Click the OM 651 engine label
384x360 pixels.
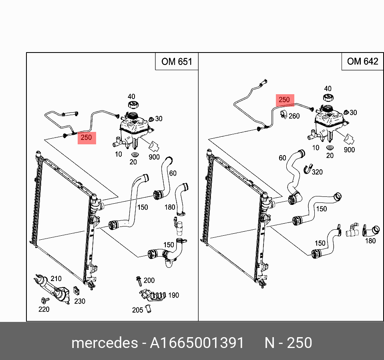click(x=177, y=61)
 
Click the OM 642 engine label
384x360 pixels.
click(x=362, y=61)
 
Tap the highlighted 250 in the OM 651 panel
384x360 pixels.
click(x=86, y=138)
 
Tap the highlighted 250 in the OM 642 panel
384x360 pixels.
click(x=284, y=100)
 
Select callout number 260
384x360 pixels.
click(x=294, y=116)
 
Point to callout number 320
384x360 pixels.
click(x=317, y=172)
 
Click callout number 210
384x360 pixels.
click(x=56, y=279)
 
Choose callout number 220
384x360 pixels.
click(x=44, y=309)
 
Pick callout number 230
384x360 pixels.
click(x=80, y=301)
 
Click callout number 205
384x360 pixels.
click(x=138, y=309)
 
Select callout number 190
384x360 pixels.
click(x=173, y=295)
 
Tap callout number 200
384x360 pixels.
click(x=149, y=280)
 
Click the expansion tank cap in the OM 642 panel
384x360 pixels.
click(x=328, y=98)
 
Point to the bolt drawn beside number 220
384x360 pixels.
click(x=44, y=300)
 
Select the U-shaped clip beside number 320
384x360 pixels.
click(x=308, y=169)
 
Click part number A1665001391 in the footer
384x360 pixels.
click(x=197, y=343)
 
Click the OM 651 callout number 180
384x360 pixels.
click(x=170, y=207)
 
